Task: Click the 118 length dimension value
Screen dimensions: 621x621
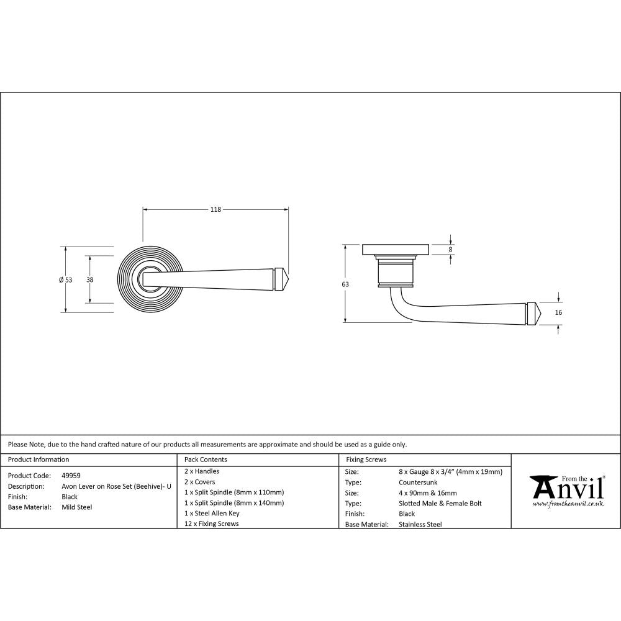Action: tap(215, 210)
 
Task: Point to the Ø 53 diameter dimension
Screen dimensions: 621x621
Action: tap(65, 280)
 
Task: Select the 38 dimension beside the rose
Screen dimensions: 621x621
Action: tap(90, 280)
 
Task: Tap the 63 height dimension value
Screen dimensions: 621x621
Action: tap(345, 284)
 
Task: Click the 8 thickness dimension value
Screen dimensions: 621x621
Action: tap(451, 249)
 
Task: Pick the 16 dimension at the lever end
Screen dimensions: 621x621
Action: tap(558, 312)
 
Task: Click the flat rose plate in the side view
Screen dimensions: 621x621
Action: tap(396, 250)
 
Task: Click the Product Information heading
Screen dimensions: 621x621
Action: tap(39, 460)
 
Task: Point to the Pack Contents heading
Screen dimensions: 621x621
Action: tap(206, 460)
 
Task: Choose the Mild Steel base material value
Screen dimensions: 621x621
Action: tap(77, 507)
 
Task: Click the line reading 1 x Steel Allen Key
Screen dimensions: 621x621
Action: tap(212, 514)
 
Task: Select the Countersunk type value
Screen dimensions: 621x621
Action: tap(419, 483)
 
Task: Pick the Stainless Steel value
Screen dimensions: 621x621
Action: tap(420, 525)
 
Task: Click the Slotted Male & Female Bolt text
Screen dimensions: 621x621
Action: tap(440, 504)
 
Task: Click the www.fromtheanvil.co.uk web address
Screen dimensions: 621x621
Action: tap(568, 504)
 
